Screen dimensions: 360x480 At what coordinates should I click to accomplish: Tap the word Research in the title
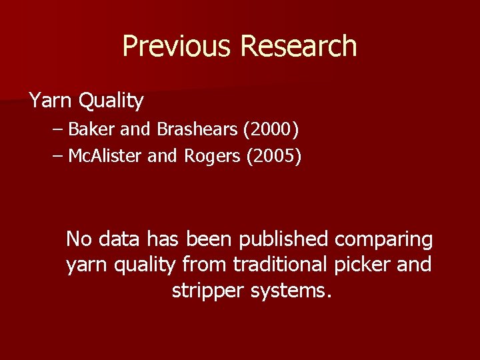pos(299,47)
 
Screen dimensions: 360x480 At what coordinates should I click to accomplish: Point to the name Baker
pos(91,128)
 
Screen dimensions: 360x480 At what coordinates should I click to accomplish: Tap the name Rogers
pos(211,157)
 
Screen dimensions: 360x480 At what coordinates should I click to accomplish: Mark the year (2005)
pos(274,157)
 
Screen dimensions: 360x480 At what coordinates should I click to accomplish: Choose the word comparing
pos(384,239)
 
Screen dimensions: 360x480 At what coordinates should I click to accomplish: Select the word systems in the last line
pos(291,291)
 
